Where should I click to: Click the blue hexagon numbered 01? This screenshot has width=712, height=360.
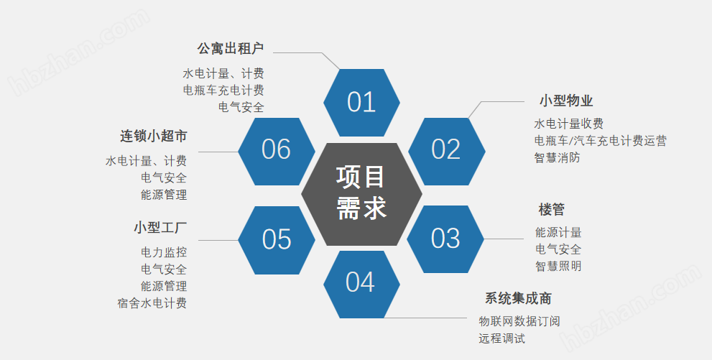(361, 102)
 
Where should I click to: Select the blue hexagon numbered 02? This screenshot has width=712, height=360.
(445, 149)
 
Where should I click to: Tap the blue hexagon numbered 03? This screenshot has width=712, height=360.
(445, 239)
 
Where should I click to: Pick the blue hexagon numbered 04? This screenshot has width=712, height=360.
(361, 283)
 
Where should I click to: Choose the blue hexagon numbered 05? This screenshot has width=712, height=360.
(277, 239)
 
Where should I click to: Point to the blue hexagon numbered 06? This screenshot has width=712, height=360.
(277, 149)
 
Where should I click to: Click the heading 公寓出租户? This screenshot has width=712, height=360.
(231, 49)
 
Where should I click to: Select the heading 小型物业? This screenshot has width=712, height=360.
(566, 101)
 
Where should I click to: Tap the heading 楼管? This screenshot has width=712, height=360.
(552, 210)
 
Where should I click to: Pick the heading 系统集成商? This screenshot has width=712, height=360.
(518, 298)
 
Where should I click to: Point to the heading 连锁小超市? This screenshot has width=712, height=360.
(154, 137)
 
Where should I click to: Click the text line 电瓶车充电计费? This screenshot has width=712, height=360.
(223, 90)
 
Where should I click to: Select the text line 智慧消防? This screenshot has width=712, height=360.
(557, 157)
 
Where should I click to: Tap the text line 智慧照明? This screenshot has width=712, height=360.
(558, 267)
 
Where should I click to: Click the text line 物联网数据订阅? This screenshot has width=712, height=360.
(519, 321)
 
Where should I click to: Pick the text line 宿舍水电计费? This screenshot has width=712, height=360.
(152, 303)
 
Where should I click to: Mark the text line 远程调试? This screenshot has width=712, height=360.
(501, 338)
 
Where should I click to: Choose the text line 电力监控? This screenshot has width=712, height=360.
(164, 252)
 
